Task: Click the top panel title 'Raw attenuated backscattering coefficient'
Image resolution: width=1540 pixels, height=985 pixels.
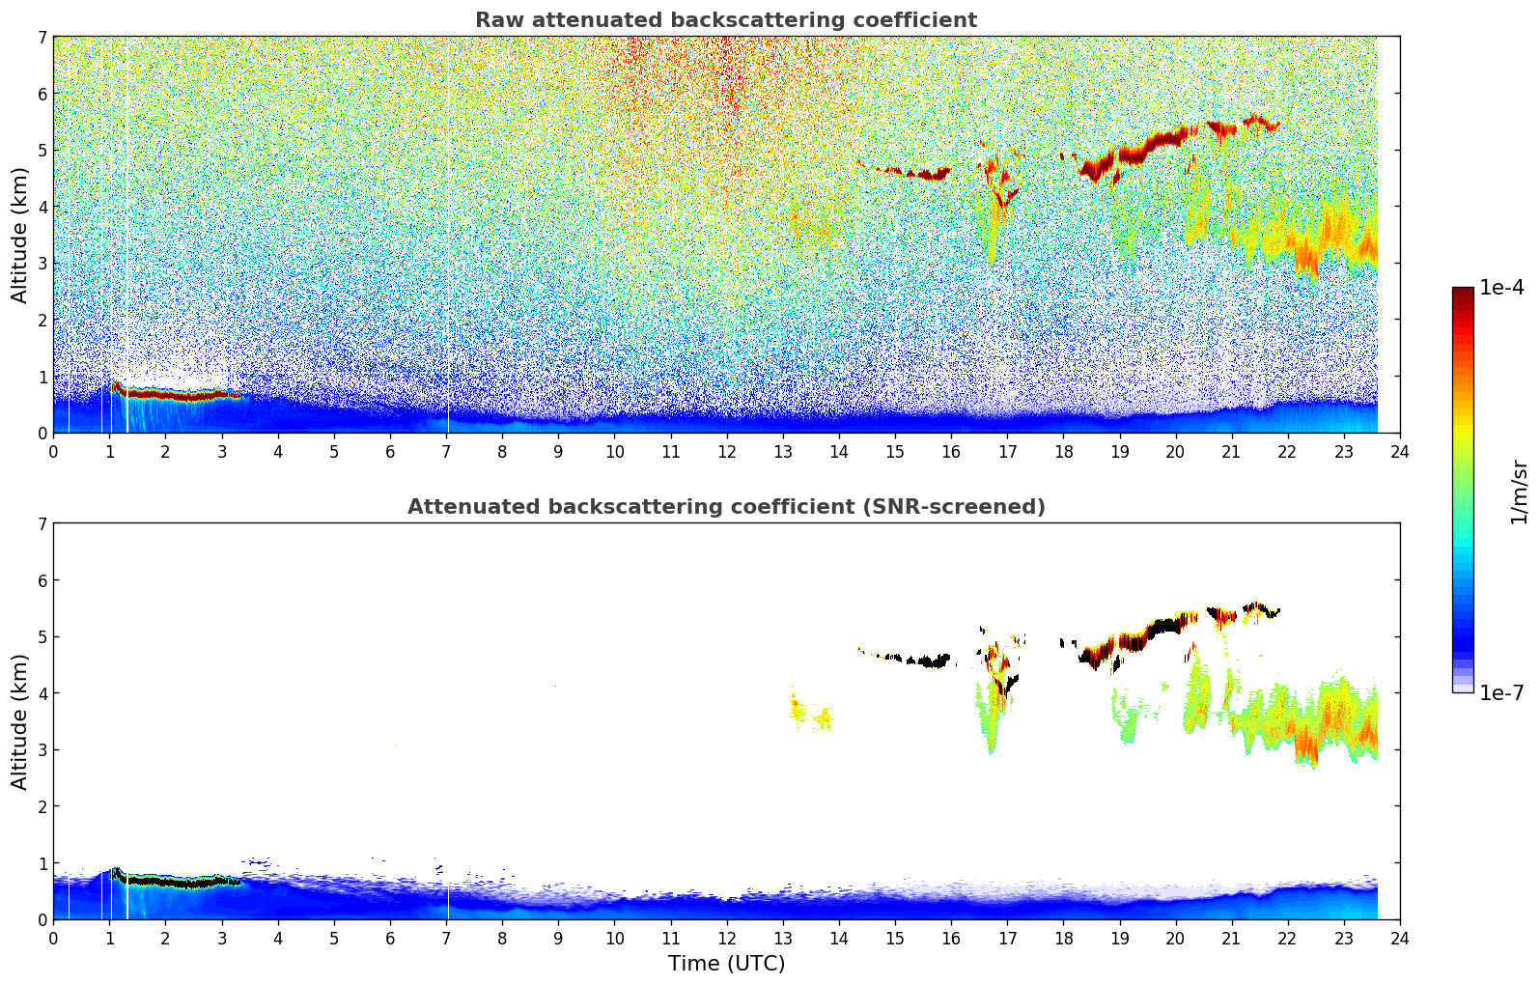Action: pos(725,20)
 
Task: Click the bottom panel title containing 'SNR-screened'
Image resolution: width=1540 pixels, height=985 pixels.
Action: pos(725,507)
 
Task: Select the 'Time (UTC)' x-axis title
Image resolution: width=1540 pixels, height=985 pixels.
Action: pos(726,964)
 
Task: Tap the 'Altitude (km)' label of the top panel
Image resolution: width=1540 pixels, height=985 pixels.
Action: pos(20,235)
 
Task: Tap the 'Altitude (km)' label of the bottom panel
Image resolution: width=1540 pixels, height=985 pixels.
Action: pos(20,721)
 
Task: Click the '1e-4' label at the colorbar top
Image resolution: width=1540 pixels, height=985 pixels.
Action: pos(1501,288)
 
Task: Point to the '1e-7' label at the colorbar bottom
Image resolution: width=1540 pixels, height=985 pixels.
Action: pos(1501,692)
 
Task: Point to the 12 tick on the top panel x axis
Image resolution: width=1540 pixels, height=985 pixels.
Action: pos(726,451)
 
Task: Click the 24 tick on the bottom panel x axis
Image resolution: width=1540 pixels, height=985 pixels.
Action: pos(1399,938)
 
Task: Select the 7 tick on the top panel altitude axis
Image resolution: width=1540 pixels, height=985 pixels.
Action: pos(42,38)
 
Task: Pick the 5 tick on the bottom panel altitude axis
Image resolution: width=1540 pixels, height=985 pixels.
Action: pos(42,636)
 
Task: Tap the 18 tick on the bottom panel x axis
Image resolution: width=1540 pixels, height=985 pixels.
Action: pos(1063,938)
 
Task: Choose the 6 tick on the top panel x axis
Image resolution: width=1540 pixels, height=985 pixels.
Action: pos(390,451)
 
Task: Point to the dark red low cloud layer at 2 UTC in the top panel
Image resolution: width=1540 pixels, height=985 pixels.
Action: pos(165,394)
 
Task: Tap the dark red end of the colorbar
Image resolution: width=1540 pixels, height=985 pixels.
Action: pos(1463,295)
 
